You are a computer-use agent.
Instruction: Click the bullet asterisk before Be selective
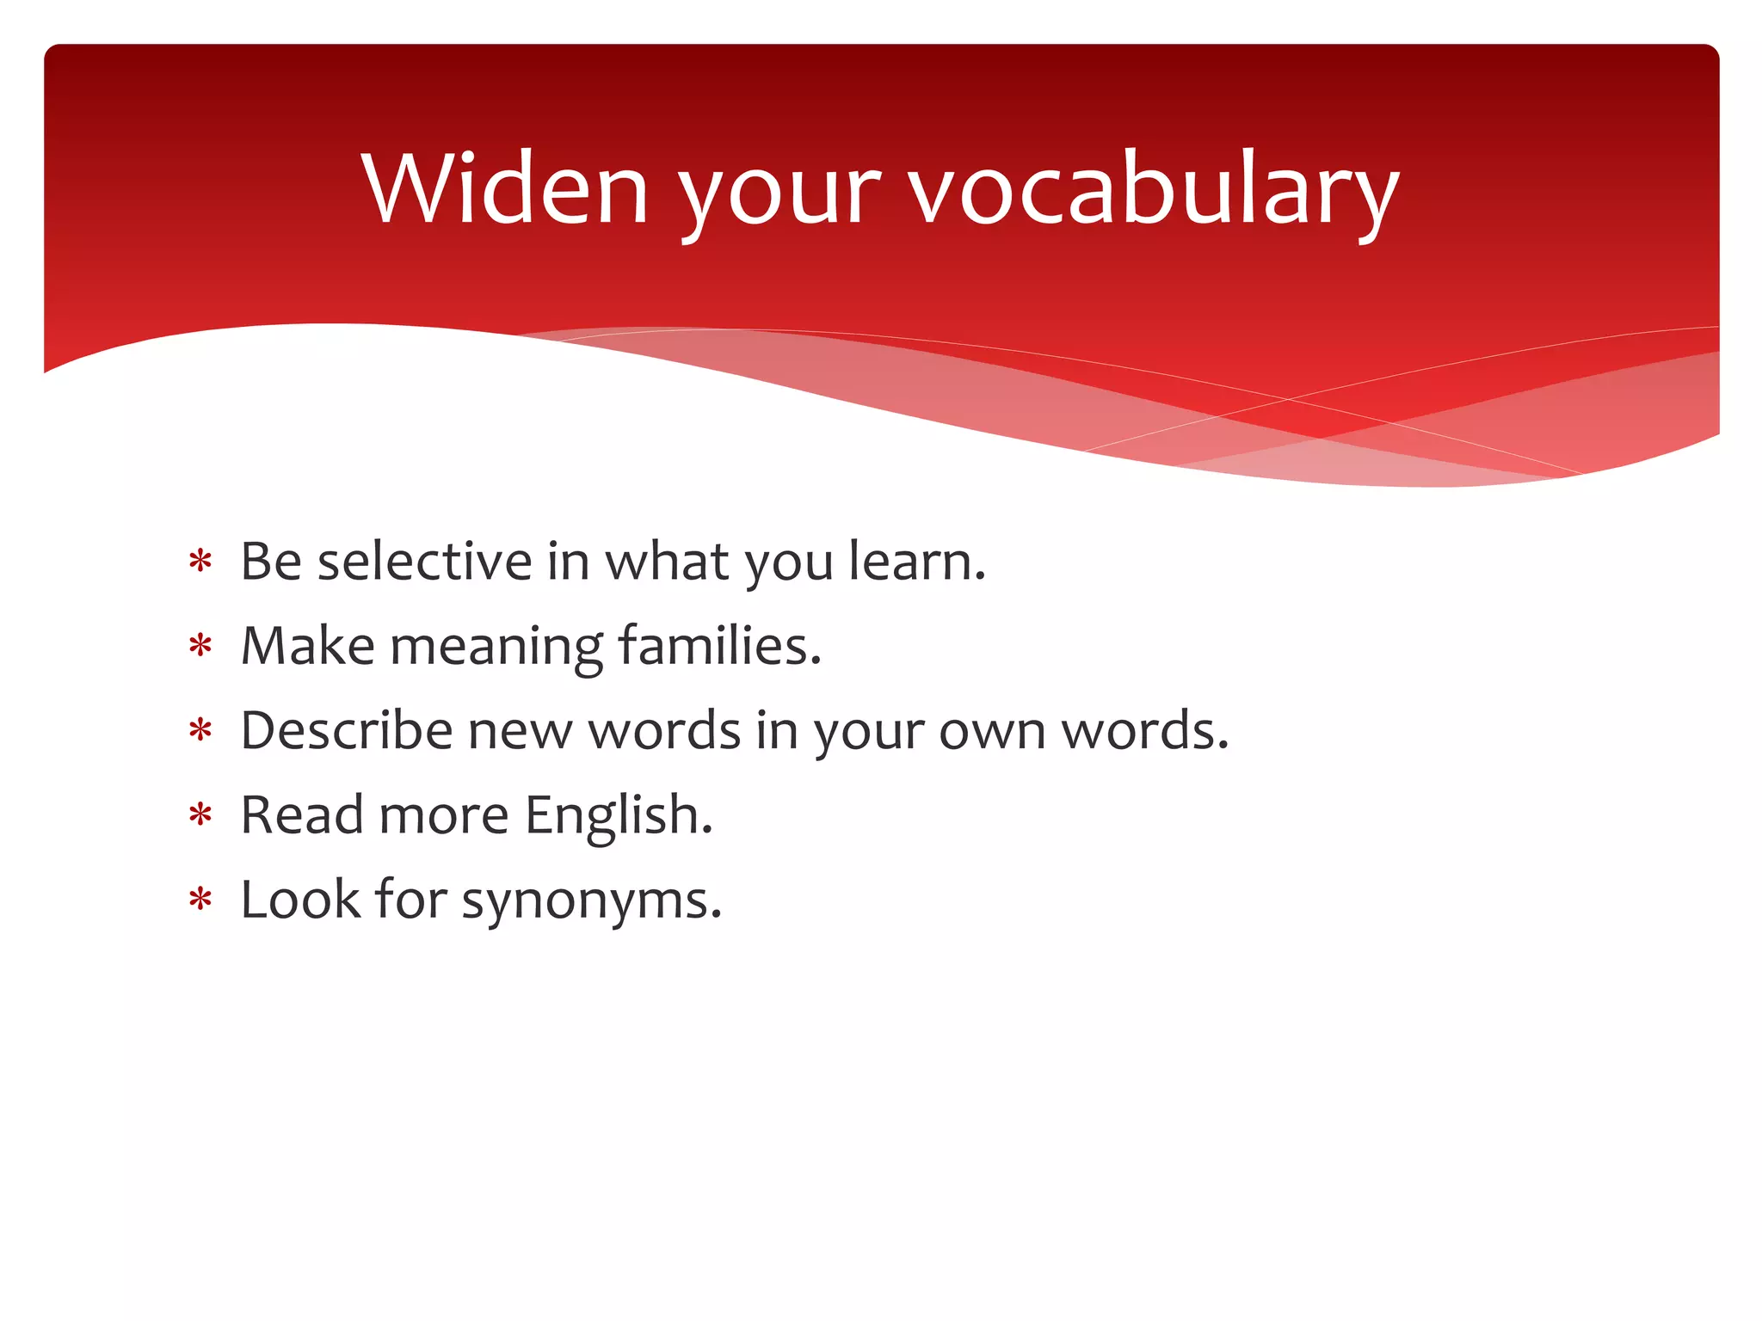pos(200,562)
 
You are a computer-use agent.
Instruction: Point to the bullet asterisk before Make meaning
pos(200,647)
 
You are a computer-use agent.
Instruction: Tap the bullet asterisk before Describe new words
pos(200,731)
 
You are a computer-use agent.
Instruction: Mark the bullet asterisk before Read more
pos(200,815)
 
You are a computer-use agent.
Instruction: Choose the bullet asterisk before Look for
pos(200,900)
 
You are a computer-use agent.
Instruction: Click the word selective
pos(424,562)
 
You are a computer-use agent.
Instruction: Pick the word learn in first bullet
pos(915,562)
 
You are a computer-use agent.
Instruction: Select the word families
pos(718,646)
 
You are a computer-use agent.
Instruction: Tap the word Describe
pos(346,730)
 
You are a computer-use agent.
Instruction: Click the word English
pos(618,815)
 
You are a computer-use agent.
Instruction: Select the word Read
pos(301,814)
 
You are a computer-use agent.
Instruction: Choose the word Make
pos(307,646)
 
